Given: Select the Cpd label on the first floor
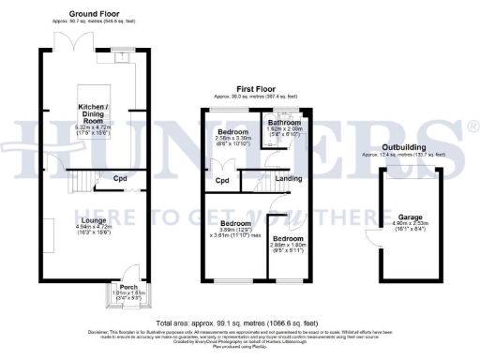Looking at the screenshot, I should [x=222, y=180].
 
